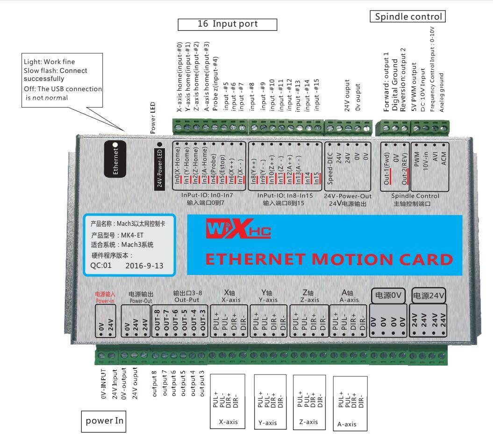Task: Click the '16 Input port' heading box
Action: [x=228, y=24]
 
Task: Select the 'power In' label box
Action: [x=103, y=420]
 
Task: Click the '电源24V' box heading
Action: [x=429, y=295]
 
